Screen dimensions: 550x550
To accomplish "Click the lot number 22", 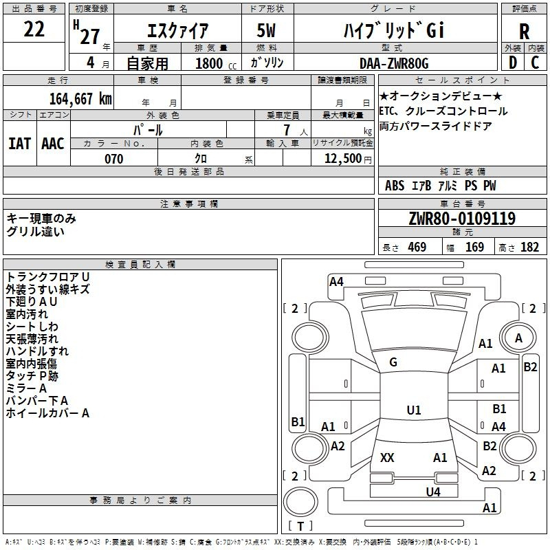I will pos(34,29).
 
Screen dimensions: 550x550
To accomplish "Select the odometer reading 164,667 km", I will pos(80,98).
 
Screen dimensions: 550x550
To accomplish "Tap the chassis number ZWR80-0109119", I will pos(462,219).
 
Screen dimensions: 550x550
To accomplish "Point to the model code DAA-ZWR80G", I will pos(394,63).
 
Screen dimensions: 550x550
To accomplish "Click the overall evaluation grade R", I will pos(525,32).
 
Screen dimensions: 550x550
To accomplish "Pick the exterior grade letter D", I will pos(512,63).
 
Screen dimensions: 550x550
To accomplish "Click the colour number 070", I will pos(113,159).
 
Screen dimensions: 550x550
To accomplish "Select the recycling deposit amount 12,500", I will pos(341,159).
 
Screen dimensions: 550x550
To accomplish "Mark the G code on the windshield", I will pos(393,362).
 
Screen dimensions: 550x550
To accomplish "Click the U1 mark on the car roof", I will pos(414,410).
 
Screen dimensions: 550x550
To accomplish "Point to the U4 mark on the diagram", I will pos(432,492).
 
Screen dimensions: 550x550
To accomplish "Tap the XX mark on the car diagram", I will pos(388,457).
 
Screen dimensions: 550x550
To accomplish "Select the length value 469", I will pos(416,247).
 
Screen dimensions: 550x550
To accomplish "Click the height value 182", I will pos(530,247).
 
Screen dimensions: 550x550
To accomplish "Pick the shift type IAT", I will pos(19,144).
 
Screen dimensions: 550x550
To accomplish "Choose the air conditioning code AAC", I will pos(53,144).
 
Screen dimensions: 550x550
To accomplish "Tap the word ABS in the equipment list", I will pos(395,186).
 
